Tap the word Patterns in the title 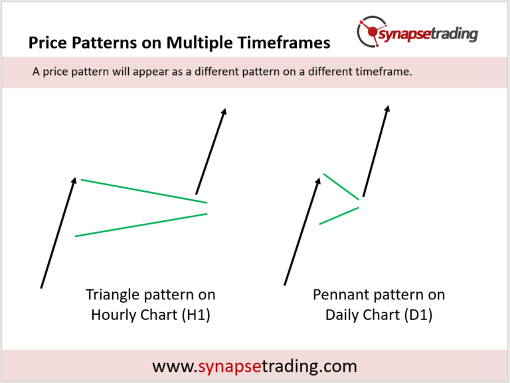coord(105,42)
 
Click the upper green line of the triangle coord(143,191)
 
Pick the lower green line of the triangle coord(141,224)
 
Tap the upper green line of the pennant coord(341,187)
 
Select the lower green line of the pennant coord(339,216)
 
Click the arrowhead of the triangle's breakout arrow coord(224,112)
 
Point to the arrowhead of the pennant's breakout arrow coord(387,109)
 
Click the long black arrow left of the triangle coord(58,233)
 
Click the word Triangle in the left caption coord(113,295)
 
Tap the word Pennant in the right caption coord(341,295)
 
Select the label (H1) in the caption coord(196,315)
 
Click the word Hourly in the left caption coord(112,315)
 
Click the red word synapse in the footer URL coord(230,366)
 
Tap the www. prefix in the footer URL coord(175,367)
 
